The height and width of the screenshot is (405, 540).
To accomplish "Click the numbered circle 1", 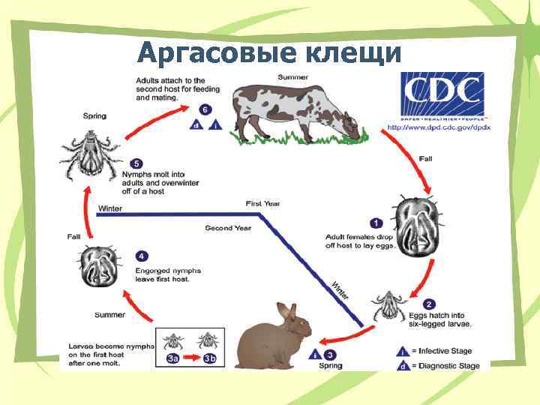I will (376, 223).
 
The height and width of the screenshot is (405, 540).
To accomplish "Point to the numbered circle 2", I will (428, 304).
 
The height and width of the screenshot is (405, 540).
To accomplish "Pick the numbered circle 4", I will (142, 256).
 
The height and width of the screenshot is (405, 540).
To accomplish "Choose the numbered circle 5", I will (135, 163).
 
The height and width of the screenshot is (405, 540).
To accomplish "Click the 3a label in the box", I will (173, 358).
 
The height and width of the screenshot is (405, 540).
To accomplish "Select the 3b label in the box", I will (209, 358).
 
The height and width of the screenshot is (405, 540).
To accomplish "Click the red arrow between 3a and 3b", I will (191, 358).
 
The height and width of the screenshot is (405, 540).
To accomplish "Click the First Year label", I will (262, 203).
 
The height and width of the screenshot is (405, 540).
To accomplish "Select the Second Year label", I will (229, 228).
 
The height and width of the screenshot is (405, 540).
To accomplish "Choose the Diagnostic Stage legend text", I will (450, 366).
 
